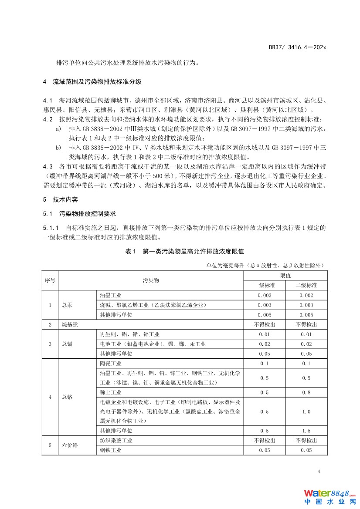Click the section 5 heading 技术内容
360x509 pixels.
click(x=65, y=200)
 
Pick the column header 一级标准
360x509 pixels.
click(x=264, y=285)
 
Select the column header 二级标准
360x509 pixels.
click(x=306, y=285)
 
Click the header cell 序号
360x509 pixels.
click(x=50, y=280)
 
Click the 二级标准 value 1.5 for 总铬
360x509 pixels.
click(x=306, y=431)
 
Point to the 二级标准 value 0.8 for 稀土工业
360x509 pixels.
click(x=306, y=392)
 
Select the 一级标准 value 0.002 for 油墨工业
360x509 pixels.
click(x=264, y=295)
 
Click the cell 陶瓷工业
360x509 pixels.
click(x=111, y=363)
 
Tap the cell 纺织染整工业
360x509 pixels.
click(x=116, y=440)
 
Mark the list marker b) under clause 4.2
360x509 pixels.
click(x=58, y=148)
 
